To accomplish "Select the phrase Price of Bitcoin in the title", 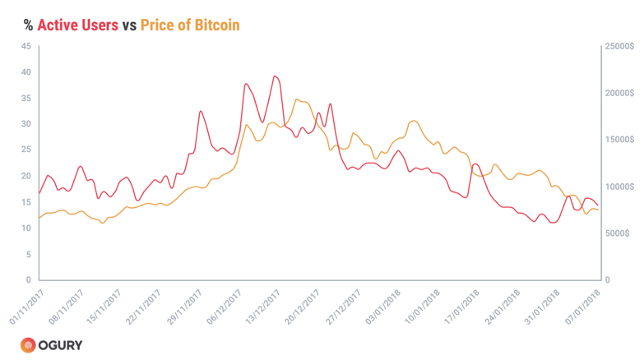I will point(190,25).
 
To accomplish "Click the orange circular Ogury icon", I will point(28,345).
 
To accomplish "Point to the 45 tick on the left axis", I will point(25,46).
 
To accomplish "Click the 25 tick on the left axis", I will point(25,150).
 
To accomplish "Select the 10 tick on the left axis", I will point(25,228).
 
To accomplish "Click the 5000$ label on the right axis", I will point(620,233).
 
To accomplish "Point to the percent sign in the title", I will point(27,25).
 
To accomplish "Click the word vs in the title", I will point(129,25).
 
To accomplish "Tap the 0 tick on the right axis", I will point(609,280).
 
